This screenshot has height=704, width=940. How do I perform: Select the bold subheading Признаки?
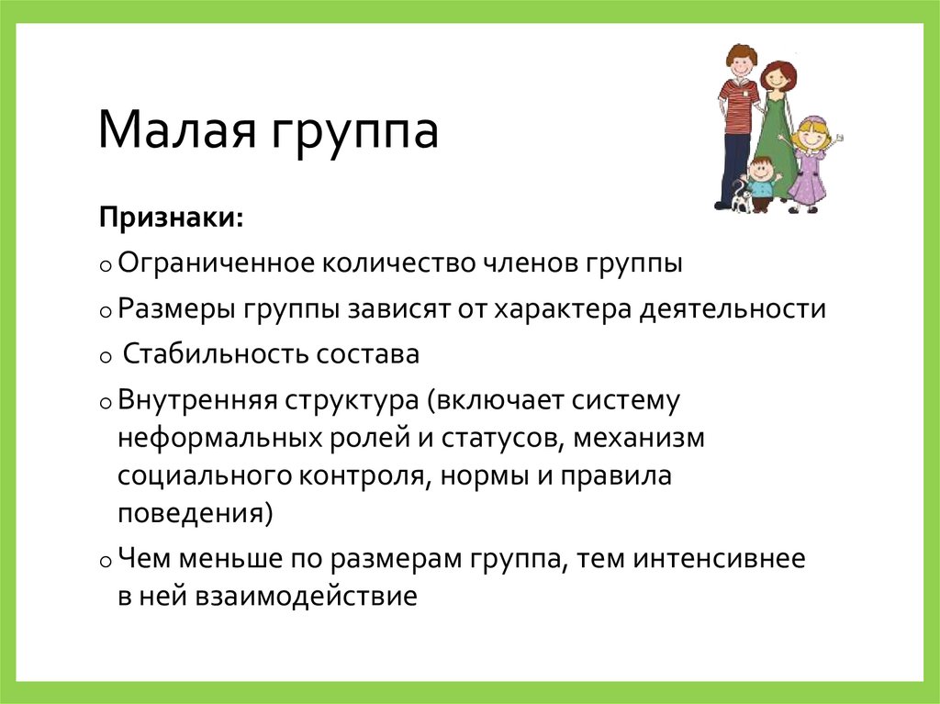(x=172, y=219)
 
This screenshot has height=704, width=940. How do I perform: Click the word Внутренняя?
(x=196, y=400)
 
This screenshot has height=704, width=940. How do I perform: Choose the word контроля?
(x=359, y=477)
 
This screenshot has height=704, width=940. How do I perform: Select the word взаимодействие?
(x=306, y=597)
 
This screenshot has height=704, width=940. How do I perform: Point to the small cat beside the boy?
(x=741, y=197)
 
